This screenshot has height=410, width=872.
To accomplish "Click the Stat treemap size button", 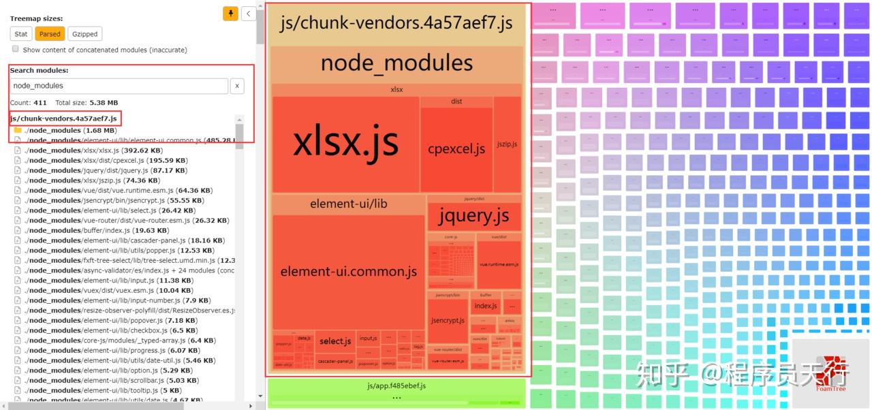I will click(x=21, y=34).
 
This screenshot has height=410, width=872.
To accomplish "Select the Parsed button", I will click(x=50, y=34).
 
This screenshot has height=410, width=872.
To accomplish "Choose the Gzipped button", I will click(x=84, y=34).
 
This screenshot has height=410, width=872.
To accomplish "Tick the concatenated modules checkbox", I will click(x=16, y=49).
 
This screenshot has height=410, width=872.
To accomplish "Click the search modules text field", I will click(x=119, y=86).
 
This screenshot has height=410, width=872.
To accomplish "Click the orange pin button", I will click(x=230, y=13).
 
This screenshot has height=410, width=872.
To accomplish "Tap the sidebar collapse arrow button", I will click(x=249, y=13).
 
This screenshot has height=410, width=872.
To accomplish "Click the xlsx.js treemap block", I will click(x=345, y=144).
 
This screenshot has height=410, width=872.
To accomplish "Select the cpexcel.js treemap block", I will click(x=456, y=148).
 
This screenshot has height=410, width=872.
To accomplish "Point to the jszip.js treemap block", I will click(x=507, y=144).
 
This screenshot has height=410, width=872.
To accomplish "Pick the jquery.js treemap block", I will click(x=474, y=217).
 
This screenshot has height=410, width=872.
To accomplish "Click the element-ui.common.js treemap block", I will click(x=348, y=272).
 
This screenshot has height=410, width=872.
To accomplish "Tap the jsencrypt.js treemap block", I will click(x=448, y=320).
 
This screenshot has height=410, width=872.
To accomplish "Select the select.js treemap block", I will click(x=335, y=341).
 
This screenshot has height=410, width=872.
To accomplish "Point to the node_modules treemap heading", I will click(x=396, y=63).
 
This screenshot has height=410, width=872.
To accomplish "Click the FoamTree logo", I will click(x=830, y=371).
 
